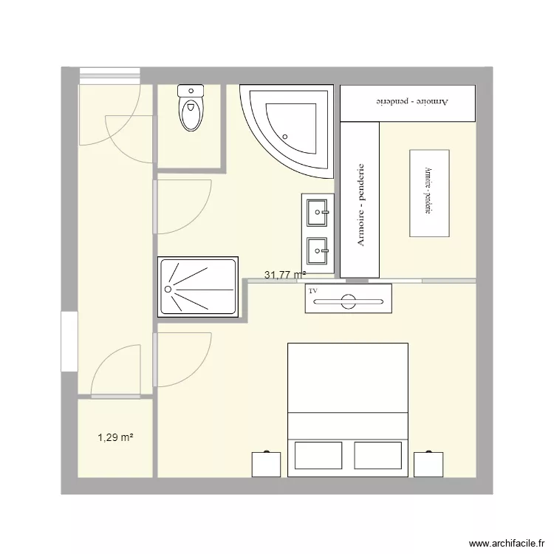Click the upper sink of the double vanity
[319, 213]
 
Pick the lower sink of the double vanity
[319, 251]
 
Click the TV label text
[313, 292]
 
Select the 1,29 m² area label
[115, 438]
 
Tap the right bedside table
[428, 464]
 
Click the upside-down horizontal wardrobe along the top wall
[407, 102]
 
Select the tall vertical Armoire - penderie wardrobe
[360, 199]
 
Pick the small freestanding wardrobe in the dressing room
[429, 193]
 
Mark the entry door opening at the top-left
[109, 73]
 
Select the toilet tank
[191, 91]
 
